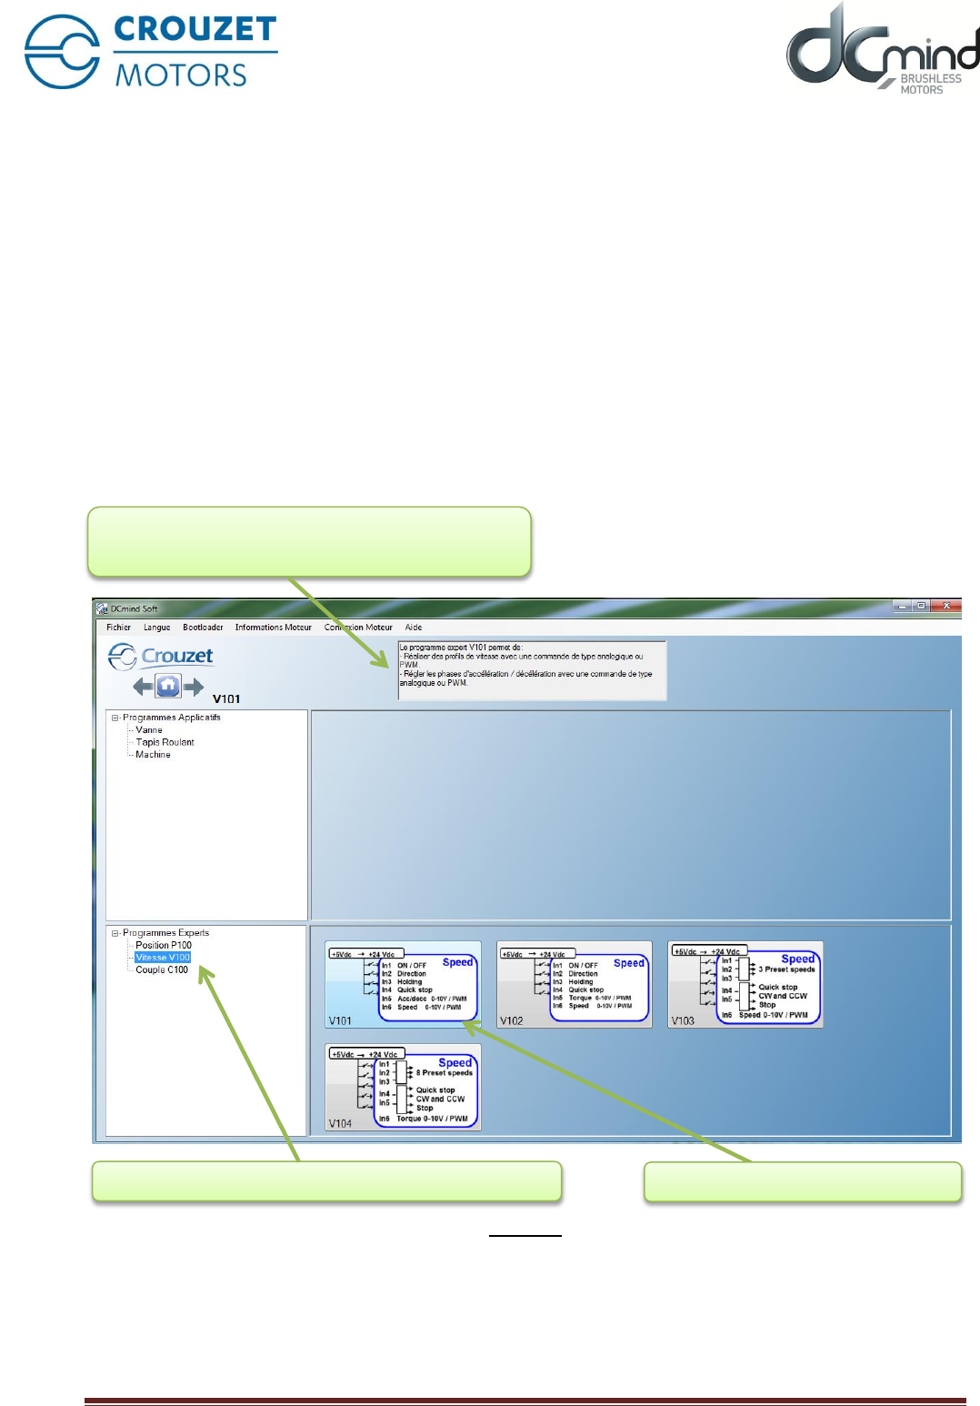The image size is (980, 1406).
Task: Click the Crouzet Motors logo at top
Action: pos(151,52)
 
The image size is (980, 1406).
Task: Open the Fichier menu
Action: pos(118,628)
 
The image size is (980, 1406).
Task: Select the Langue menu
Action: pos(156,628)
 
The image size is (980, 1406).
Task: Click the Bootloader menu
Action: pos(203,628)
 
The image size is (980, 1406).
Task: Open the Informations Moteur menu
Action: pos(273,628)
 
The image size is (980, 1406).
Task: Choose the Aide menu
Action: pos(414,628)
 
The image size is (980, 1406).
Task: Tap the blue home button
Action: pos(168,686)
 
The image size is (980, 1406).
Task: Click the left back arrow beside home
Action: pos(143,687)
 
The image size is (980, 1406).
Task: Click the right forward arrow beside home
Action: pos(193,687)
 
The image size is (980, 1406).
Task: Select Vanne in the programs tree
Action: pos(149,730)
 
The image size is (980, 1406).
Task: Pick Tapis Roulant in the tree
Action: pos(165,742)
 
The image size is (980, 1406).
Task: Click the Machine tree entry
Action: pos(153,755)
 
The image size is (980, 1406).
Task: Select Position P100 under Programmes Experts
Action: pos(164,945)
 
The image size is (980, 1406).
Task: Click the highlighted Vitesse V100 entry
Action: pos(163,958)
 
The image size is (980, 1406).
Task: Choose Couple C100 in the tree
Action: pos(162,970)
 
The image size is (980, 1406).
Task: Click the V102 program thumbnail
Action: pos(575,985)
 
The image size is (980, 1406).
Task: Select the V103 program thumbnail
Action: pos(745,985)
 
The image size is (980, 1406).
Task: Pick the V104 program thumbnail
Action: pos(403,1088)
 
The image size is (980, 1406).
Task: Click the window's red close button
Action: pos(946,606)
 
